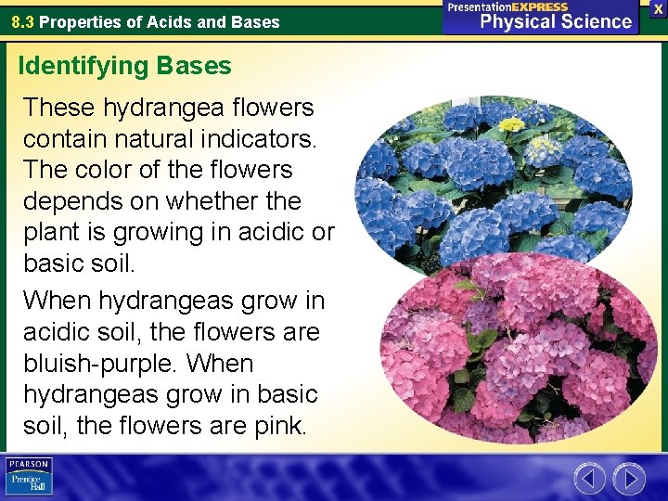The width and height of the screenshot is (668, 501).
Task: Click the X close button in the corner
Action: point(657,8)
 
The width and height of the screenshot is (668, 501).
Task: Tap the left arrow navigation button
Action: point(589,479)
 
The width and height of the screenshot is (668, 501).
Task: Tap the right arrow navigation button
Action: point(628,479)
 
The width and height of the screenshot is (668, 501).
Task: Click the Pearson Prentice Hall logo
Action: point(29,477)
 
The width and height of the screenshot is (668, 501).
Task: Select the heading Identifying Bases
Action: point(124,66)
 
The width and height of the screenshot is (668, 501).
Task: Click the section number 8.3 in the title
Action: point(23,21)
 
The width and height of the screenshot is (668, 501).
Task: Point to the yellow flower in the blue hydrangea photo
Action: point(511,124)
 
